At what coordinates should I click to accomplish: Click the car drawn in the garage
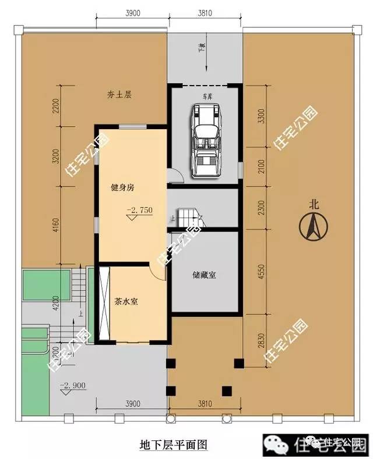pyautogui.click(x=205, y=139)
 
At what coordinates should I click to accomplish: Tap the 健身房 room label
pyautogui.click(x=123, y=188)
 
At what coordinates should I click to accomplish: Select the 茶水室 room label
pyautogui.click(x=126, y=302)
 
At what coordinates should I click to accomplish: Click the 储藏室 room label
pyautogui.click(x=204, y=275)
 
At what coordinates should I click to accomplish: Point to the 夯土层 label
pyautogui.click(x=119, y=94)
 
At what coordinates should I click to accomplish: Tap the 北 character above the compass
pyautogui.click(x=315, y=204)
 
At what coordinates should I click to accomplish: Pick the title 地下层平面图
pyautogui.click(x=174, y=444)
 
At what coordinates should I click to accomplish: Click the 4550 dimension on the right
pyautogui.click(x=261, y=274)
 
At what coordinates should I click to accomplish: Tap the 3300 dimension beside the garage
pyautogui.click(x=261, y=116)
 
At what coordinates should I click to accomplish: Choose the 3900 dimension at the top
pyautogui.click(x=132, y=13)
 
